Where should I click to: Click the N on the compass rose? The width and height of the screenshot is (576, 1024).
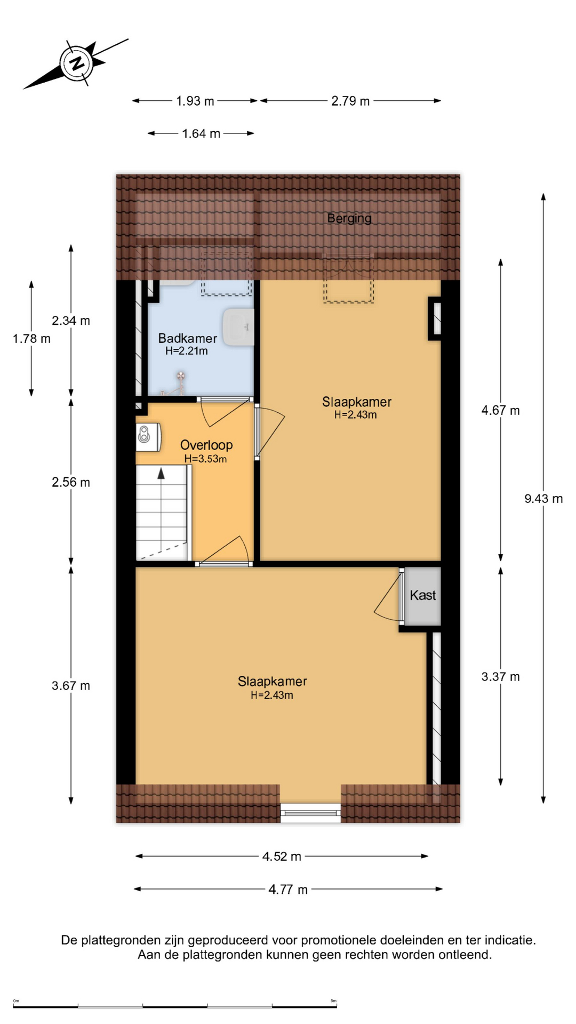(78, 63)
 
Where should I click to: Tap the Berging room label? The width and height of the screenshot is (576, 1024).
(349, 218)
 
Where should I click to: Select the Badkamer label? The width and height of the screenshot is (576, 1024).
(187, 338)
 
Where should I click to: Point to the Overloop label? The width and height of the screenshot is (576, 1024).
(206, 445)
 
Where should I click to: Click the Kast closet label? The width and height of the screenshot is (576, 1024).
(423, 595)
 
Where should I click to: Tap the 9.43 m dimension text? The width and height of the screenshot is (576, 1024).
(543, 499)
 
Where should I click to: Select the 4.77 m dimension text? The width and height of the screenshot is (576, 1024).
(288, 890)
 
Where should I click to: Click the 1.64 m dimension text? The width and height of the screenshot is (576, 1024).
(201, 133)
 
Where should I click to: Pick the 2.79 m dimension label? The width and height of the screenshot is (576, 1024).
(350, 101)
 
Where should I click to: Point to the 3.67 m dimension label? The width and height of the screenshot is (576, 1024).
(71, 686)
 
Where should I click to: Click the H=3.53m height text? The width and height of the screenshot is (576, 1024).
(205, 459)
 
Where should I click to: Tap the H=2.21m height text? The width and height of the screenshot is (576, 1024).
(187, 351)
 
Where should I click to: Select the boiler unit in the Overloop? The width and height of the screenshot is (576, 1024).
(148, 437)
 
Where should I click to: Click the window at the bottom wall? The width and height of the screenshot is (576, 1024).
(311, 813)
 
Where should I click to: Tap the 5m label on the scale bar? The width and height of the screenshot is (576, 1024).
(333, 1001)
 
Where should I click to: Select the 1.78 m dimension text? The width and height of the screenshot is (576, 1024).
(31, 339)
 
